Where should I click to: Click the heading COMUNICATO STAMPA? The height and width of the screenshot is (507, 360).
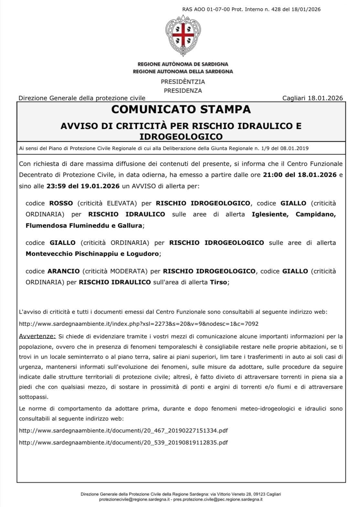click(181, 110)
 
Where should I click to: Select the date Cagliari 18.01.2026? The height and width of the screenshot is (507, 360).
click(312, 98)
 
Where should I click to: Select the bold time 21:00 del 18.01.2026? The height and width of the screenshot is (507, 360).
click(300, 175)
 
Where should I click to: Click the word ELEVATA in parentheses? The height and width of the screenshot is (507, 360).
click(123, 204)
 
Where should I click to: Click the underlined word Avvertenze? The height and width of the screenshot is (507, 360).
click(37, 336)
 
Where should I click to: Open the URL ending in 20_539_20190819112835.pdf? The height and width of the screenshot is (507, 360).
click(123, 442)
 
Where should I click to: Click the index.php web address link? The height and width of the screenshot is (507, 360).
click(138, 324)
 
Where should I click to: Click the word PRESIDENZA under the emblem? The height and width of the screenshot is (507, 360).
click(183, 91)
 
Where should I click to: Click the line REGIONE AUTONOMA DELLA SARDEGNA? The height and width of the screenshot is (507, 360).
click(183, 72)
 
